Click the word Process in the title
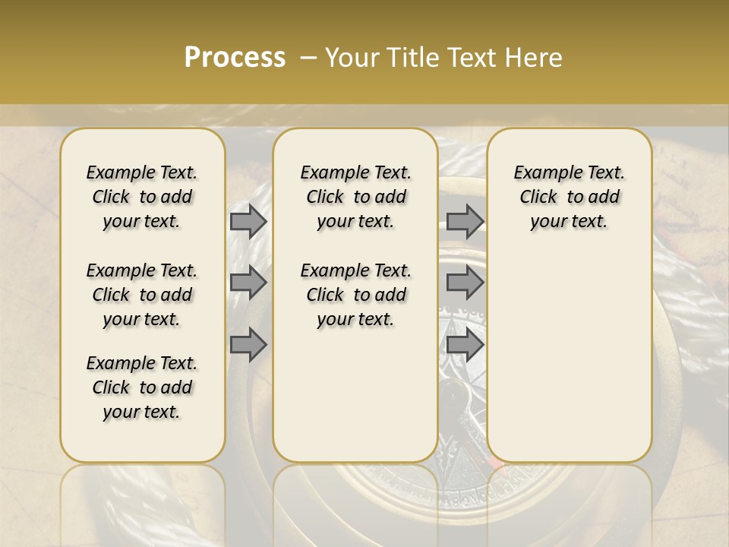point(235,58)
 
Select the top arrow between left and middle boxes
point(248,221)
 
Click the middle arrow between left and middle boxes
point(248,283)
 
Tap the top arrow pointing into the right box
point(465,221)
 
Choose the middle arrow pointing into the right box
point(465,283)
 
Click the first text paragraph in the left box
point(142,197)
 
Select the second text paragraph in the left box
point(142,295)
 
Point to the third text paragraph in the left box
point(142,387)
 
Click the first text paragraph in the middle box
point(355,197)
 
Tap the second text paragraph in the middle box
point(355,295)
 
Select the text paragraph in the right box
point(569,197)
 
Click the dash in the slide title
point(308,58)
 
